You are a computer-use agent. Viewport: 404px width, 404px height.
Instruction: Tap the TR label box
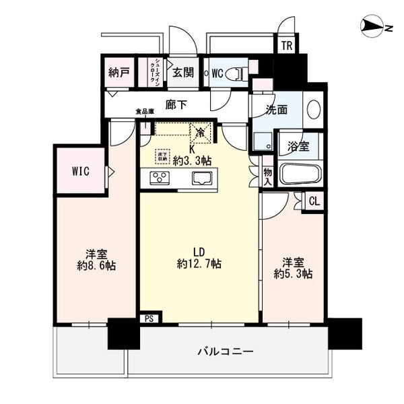(x=286, y=45)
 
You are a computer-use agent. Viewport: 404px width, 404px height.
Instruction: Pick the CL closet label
(x=314, y=199)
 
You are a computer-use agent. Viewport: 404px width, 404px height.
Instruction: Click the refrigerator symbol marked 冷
(x=199, y=133)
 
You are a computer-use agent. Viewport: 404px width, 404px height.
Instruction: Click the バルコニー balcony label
(x=225, y=351)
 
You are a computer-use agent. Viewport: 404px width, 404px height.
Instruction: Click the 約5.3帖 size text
(x=294, y=273)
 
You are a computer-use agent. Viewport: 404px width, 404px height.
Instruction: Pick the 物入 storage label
(x=267, y=177)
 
